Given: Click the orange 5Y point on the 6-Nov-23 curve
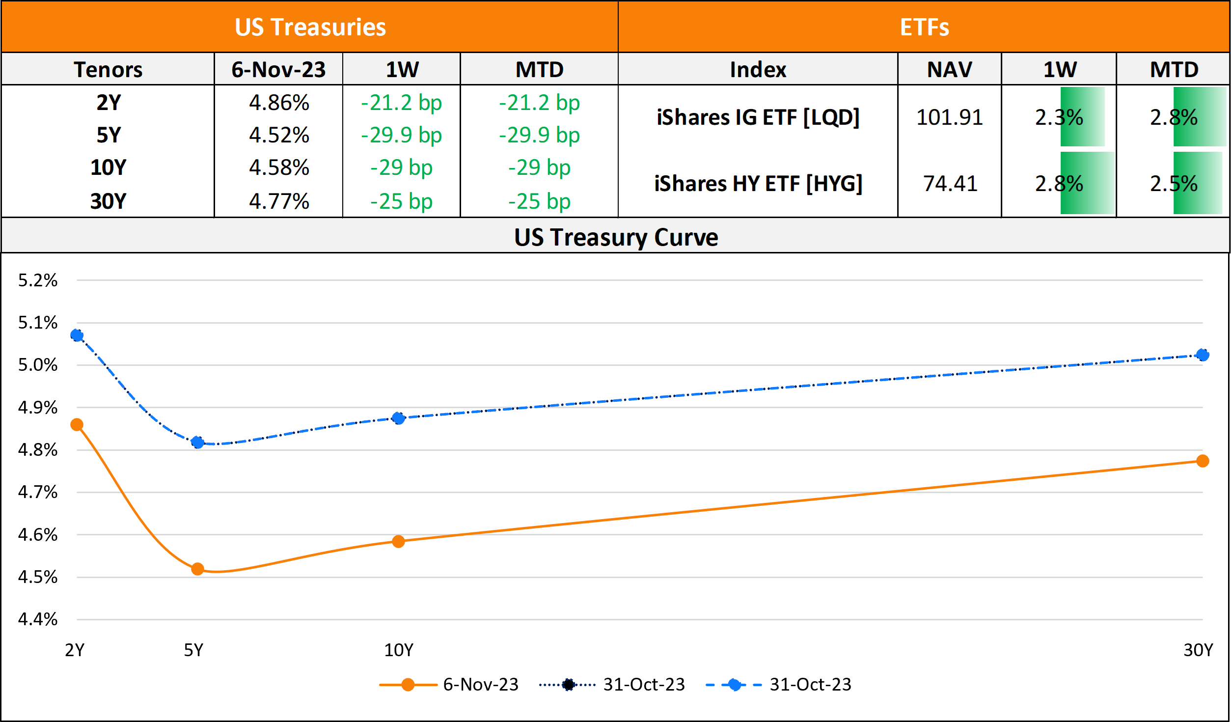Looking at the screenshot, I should click(x=197, y=569).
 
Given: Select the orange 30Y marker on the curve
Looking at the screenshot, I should click(x=1202, y=461).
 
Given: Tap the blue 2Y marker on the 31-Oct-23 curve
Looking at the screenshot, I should click(x=77, y=335).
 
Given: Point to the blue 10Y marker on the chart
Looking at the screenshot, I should click(x=398, y=418).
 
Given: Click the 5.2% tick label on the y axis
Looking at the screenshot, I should click(x=38, y=280).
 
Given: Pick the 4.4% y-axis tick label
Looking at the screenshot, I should click(x=38, y=619).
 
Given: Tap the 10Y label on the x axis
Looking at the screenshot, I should click(x=398, y=650).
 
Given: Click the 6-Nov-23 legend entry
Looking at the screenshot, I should click(x=449, y=684).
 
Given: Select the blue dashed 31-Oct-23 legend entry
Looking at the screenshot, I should click(x=778, y=684).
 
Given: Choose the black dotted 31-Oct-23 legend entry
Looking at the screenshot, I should click(x=612, y=684).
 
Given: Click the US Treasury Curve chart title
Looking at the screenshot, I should click(x=616, y=237).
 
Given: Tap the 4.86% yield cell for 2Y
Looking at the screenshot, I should click(x=279, y=103).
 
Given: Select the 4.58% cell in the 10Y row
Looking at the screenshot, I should click(x=279, y=167).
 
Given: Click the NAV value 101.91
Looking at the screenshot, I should click(x=949, y=117).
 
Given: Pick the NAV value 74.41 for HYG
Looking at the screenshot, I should click(x=950, y=184).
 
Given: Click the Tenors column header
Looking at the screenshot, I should click(x=108, y=69).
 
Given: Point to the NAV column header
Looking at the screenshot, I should click(x=949, y=69).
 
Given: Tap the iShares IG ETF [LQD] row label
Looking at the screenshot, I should click(x=758, y=117).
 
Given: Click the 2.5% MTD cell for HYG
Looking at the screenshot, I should click(x=1174, y=184).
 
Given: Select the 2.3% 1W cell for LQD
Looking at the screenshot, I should click(x=1059, y=117).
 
